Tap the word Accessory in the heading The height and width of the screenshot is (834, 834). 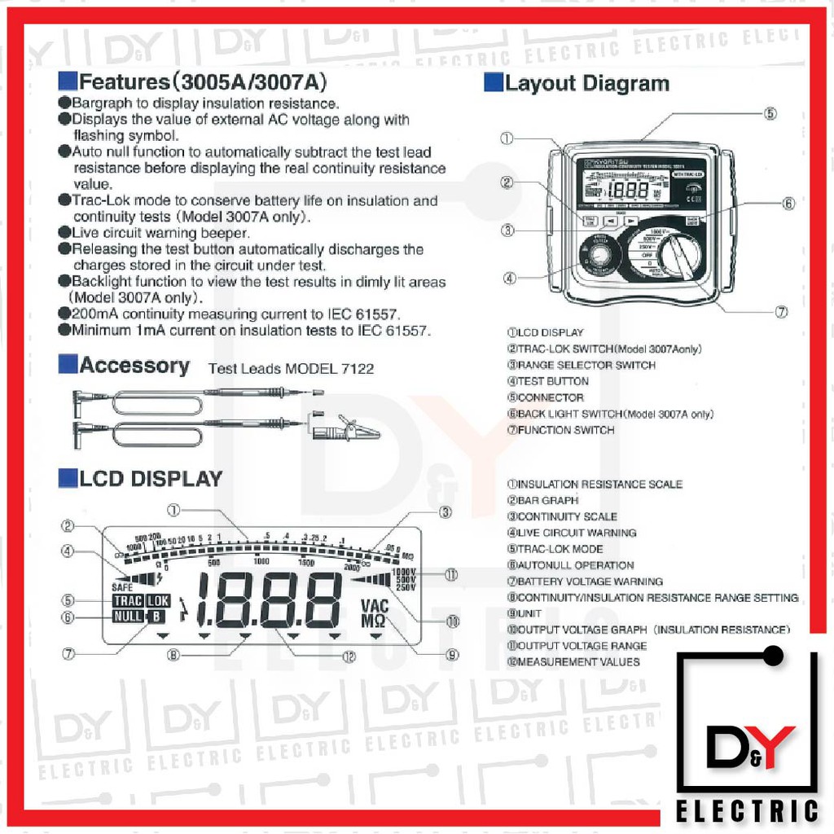click(134, 366)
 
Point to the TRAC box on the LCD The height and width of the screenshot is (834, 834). click(128, 601)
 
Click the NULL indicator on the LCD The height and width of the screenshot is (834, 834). click(128, 617)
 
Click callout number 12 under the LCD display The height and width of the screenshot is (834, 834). click(349, 656)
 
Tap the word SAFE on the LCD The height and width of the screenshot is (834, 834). click(122, 587)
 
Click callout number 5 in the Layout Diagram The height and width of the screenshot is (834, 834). click(770, 113)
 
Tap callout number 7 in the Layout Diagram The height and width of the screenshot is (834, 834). click(781, 312)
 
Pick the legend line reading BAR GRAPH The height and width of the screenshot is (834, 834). click(542, 500)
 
